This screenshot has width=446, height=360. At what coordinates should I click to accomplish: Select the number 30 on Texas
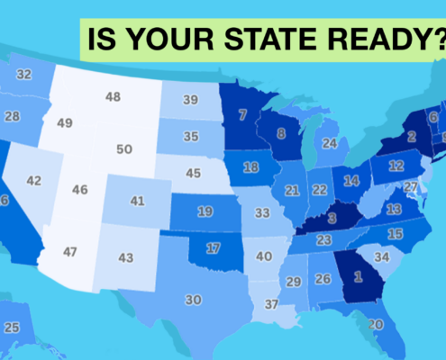[193, 300]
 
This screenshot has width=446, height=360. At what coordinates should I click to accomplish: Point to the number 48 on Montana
[114, 96]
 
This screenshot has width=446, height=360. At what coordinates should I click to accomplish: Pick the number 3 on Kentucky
[332, 218]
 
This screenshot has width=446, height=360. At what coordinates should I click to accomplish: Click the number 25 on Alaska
[12, 328]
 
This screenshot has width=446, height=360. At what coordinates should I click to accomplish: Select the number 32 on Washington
[23, 74]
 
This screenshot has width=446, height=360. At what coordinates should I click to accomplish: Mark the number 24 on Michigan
[329, 143]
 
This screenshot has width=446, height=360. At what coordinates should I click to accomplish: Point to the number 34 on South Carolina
[381, 256]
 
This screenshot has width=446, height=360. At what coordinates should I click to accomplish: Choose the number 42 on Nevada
[34, 181]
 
